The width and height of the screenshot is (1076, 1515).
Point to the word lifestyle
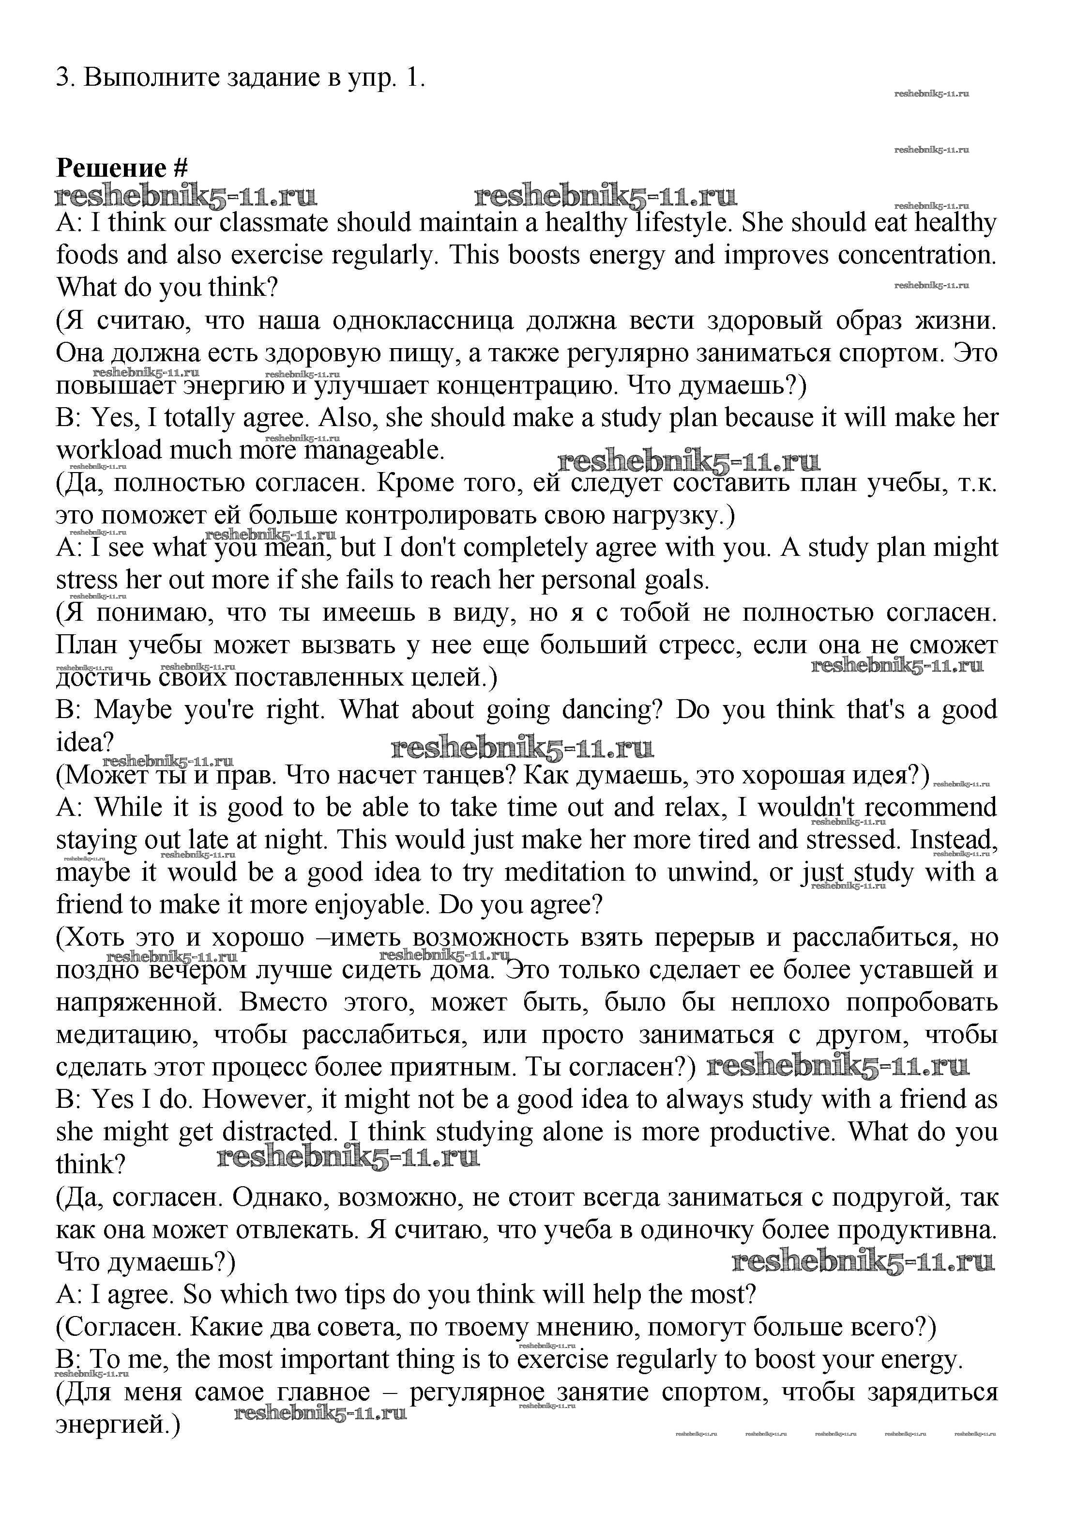tap(682, 223)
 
